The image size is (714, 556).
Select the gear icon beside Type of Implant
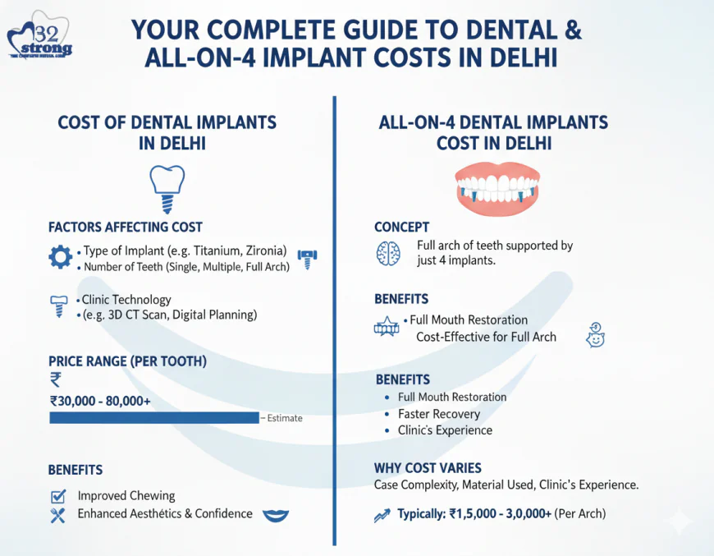tap(60, 258)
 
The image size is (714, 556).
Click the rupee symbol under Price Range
tap(55, 379)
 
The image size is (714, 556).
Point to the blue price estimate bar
tap(154, 417)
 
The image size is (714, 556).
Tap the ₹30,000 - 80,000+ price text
tap(100, 401)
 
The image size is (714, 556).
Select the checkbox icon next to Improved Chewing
tap(58, 496)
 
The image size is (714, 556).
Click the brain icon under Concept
tap(387, 254)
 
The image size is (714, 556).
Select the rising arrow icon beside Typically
tap(382, 515)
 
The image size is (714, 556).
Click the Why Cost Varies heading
tap(428, 468)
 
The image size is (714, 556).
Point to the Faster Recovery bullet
tap(439, 414)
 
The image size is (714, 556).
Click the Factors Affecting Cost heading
tap(125, 227)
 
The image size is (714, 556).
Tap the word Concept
tap(401, 227)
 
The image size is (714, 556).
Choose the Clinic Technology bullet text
tap(126, 300)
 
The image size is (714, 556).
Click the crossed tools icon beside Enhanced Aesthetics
tap(57, 515)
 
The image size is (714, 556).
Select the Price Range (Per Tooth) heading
tap(127, 361)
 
